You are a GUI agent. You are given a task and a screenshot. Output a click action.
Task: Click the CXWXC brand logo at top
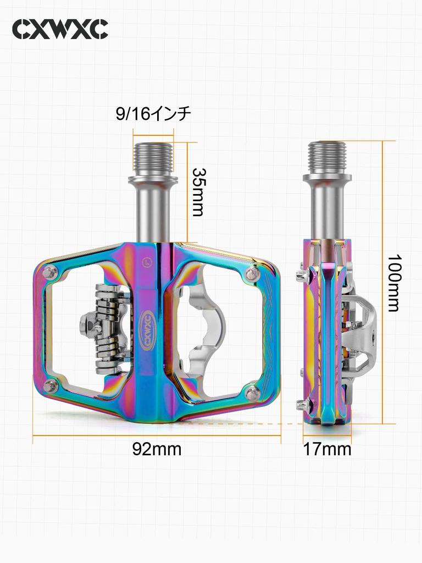[x=60, y=29]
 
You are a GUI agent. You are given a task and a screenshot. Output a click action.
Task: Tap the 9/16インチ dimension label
[x=153, y=114]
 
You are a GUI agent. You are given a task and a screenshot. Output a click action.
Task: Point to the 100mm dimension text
[x=393, y=283]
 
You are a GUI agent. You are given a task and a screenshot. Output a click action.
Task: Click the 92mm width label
[x=157, y=449]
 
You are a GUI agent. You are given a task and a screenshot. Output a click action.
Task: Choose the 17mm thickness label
[x=327, y=449]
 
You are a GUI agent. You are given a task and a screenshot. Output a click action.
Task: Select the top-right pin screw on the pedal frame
[x=253, y=273]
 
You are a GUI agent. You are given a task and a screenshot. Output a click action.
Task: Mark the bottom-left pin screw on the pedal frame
[x=51, y=385]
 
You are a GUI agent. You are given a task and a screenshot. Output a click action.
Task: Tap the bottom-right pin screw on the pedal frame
[x=253, y=391]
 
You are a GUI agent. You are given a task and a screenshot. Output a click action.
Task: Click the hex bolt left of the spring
[x=90, y=327]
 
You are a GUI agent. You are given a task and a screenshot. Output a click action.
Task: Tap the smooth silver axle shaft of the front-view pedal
[x=153, y=212]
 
